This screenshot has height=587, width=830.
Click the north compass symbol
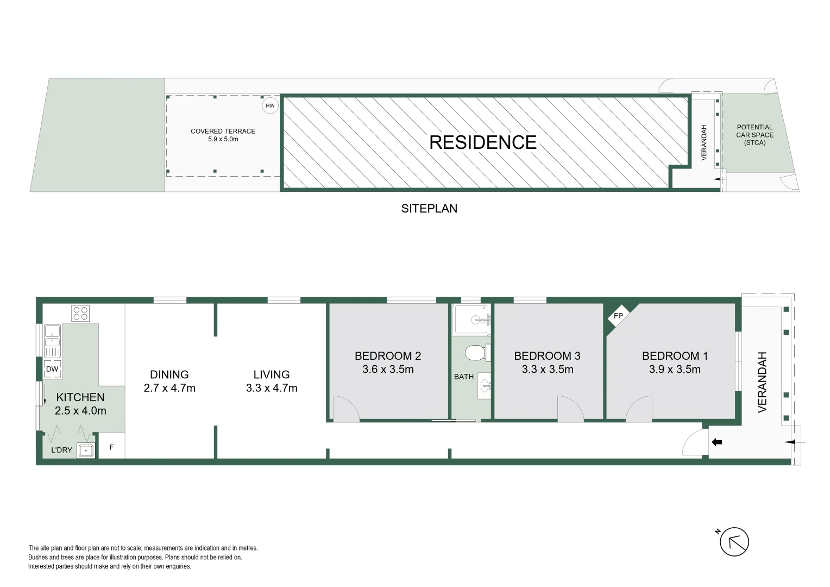tap(734, 542)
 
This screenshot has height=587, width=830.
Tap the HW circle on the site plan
tap(270, 105)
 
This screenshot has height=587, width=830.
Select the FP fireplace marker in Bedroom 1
tap(618, 316)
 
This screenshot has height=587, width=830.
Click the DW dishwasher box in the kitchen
tap(52, 369)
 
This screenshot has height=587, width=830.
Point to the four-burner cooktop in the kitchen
tap(80, 314)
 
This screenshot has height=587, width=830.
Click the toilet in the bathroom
tap(475, 353)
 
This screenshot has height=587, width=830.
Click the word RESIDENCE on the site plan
tap(482, 142)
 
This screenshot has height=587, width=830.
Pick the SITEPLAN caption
tap(429, 209)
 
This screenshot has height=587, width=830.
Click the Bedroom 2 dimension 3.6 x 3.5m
tap(388, 370)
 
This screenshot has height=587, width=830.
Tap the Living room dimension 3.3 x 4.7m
tap(272, 388)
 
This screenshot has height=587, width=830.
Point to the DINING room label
tap(169, 374)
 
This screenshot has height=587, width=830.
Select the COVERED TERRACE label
tap(223, 131)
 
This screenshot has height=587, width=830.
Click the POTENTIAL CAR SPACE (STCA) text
tap(754, 135)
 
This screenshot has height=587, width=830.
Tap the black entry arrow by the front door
tap(717, 442)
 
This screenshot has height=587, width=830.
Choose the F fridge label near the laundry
tap(112, 447)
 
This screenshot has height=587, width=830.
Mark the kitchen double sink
tap(52, 335)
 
